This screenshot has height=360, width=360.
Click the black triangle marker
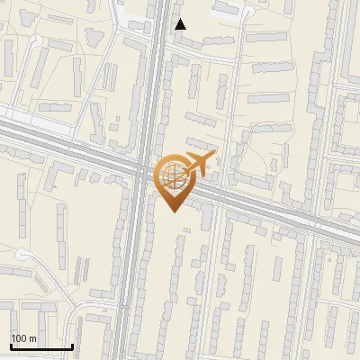tap(180, 24)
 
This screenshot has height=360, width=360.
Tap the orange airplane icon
tap(199, 165)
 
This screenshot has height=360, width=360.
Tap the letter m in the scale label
tap(33, 338)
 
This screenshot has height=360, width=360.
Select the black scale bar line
tap(40, 346)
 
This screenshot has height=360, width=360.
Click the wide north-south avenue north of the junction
tap(155, 72)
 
